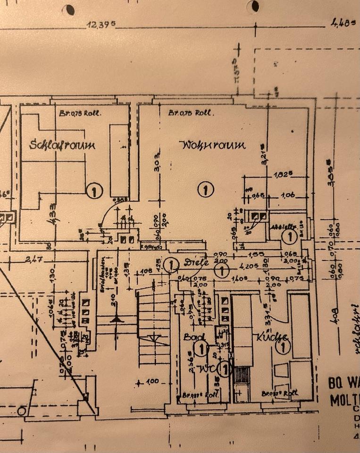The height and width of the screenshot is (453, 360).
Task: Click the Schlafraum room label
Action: tap(62, 144)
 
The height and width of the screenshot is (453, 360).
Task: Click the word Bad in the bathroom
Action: tap(192, 338)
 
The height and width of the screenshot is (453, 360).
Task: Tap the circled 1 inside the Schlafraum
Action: tap(95, 191)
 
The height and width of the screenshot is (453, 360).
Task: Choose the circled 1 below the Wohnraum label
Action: tap(205, 190)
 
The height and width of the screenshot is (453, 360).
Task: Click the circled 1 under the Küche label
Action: tap(283, 348)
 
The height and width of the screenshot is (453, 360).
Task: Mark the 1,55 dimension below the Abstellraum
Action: tap(258, 254)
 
